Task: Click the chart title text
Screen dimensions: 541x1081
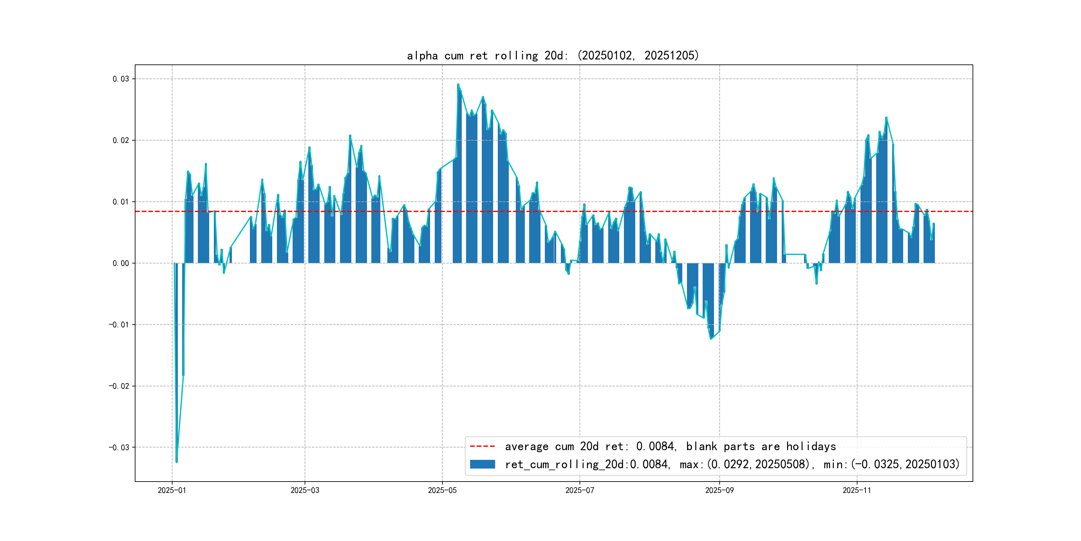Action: coord(553,55)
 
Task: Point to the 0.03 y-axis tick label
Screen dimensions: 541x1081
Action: coord(121,79)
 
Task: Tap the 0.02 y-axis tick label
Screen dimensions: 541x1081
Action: coord(121,140)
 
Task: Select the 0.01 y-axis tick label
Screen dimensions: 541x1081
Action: coord(121,202)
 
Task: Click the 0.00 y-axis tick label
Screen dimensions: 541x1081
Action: coord(121,263)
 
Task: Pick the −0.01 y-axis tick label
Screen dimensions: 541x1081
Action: coord(119,325)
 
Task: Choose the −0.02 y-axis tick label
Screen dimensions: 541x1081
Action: coord(119,386)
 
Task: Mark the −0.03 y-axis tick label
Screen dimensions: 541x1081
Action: coord(119,447)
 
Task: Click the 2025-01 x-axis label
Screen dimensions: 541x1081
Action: coord(171,490)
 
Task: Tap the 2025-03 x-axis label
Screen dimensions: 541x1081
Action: coord(305,490)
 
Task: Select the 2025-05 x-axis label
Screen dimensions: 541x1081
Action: coord(442,490)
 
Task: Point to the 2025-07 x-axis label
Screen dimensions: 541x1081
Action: coord(580,490)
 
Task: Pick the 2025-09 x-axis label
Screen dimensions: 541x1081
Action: coord(719,490)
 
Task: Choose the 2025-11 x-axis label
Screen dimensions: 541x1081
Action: coord(856,490)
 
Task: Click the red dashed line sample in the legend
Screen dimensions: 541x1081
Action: coord(482,446)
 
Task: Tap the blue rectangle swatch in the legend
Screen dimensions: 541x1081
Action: coord(482,464)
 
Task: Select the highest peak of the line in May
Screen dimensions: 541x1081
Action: coord(458,84)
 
